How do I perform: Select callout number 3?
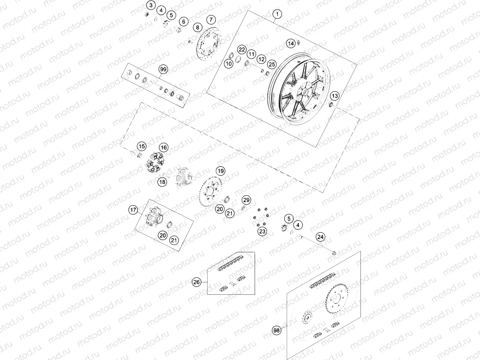(151, 5)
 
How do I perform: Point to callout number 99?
(163, 69)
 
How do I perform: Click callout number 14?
(291, 43)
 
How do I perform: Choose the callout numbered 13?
(335, 96)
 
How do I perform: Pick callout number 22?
(241, 49)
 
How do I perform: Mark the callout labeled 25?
(271, 64)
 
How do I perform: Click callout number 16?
(163, 147)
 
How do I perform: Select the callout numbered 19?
(220, 171)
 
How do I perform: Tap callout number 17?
(133, 210)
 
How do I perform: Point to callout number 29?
(246, 200)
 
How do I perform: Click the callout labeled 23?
(262, 231)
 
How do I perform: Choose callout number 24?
(321, 237)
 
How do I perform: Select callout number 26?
(197, 282)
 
